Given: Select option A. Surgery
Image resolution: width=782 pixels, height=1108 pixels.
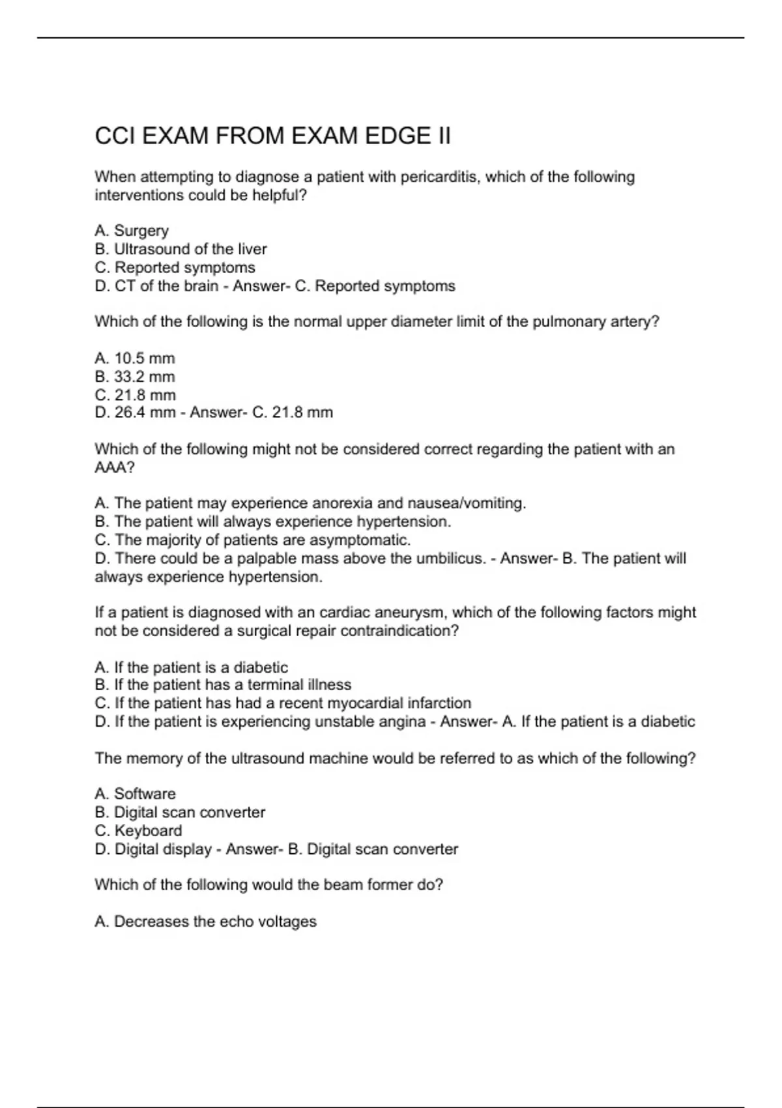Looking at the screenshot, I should [x=132, y=231].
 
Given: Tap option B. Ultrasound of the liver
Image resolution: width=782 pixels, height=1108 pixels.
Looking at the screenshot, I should [x=181, y=249].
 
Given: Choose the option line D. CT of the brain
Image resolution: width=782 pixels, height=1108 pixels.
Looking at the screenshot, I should [x=156, y=286].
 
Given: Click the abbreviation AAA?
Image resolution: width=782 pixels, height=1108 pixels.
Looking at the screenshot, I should [x=115, y=468].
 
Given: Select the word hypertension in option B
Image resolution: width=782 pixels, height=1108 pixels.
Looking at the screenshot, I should [x=409, y=522].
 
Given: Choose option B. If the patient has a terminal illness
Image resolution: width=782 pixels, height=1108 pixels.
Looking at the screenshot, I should [x=223, y=685].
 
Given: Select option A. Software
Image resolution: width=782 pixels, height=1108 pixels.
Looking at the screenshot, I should [x=135, y=794].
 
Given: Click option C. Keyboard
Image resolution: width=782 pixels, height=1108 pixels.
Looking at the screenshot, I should [x=138, y=831].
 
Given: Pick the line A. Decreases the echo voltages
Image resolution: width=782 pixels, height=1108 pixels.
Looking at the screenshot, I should [x=205, y=922].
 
